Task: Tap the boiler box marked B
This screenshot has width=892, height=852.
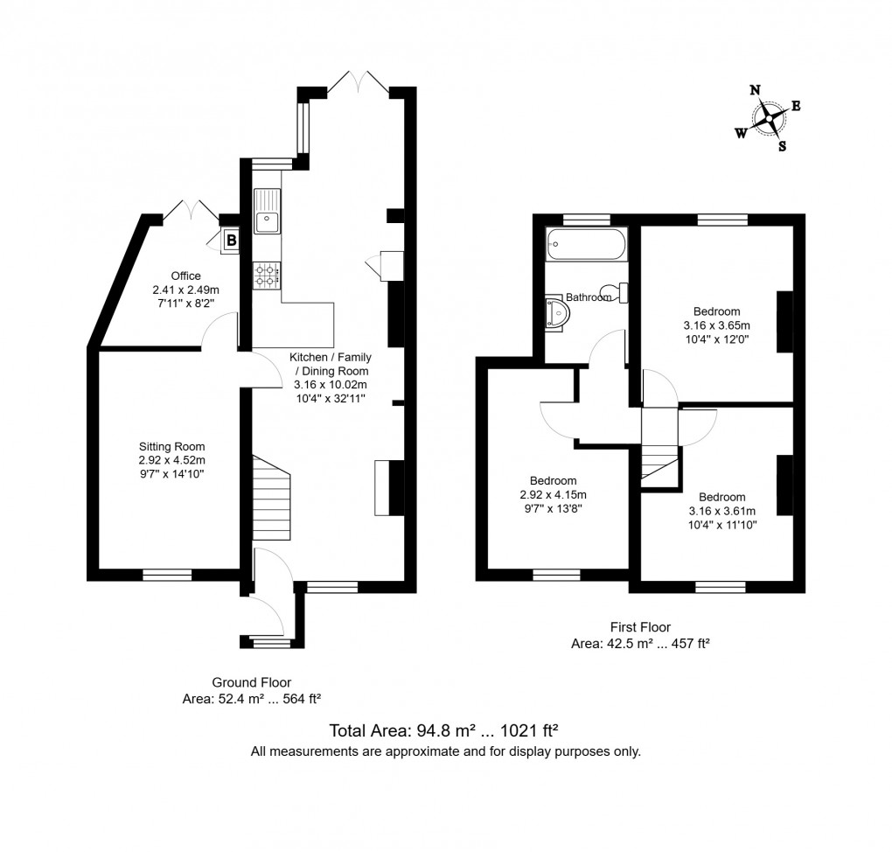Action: [231, 239]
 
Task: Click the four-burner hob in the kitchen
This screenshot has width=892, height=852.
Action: [267, 276]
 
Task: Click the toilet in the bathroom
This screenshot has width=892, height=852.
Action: [617, 292]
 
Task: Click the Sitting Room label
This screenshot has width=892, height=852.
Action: [171, 447]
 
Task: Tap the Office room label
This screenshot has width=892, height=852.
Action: [185, 276]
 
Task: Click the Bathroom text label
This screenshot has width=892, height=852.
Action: [589, 297]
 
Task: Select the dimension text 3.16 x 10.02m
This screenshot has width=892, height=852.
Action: [330, 384]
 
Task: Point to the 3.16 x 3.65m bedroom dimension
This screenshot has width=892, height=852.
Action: [716, 325]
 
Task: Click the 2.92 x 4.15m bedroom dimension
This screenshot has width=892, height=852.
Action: [553, 494]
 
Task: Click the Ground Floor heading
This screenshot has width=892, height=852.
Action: [252, 682]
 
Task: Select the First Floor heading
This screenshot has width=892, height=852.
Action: [640, 626]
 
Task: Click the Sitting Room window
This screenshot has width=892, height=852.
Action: [167, 575]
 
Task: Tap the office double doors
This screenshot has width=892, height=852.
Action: [191, 211]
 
